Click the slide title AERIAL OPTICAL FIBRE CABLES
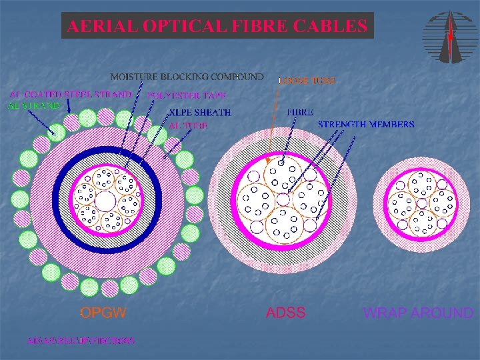pyautogui.click(x=217, y=26)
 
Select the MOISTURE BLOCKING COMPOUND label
pyautogui.click(x=187, y=76)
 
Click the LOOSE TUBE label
pyautogui.click(x=306, y=80)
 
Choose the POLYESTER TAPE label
pyautogui.click(x=190, y=95)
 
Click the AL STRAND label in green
pyautogui.click(x=34, y=105)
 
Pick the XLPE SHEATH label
pyautogui.click(x=199, y=113)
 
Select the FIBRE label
pyautogui.click(x=300, y=112)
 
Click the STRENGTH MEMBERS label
pyautogui.click(x=366, y=124)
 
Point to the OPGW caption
pyautogui.click(x=103, y=313)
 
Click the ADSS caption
pyautogui.click(x=286, y=313)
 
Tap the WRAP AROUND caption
pyautogui.click(x=419, y=313)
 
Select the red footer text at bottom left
pyautogui.click(x=81, y=341)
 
